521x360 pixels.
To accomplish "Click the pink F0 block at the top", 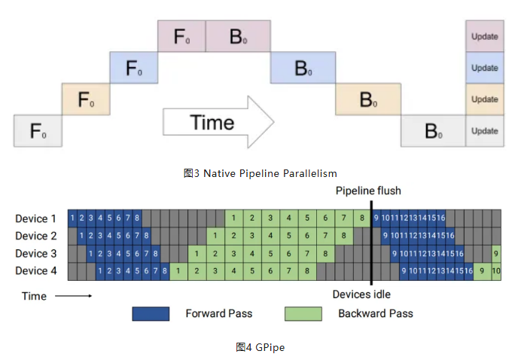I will pyautogui.click(x=181, y=36).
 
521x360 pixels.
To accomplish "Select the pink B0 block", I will pyautogui.click(x=238, y=36).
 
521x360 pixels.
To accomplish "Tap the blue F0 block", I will pyautogui.click(x=133, y=68).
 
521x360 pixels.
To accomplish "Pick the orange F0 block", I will pyautogui.click(x=85, y=99).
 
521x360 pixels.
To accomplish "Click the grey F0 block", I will pyautogui.click(x=38, y=131).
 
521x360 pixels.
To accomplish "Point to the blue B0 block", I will pyautogui.click(x=303, y=68).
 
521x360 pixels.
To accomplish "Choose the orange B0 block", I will pyautogui.click(x=367, y=99).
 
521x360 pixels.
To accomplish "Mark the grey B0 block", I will pyautogui.click(x=432, y=131).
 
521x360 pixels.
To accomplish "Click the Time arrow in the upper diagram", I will pyautogui.click(x=219, y=123).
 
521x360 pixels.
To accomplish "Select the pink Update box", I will pyautogui.click(x=484, y=36).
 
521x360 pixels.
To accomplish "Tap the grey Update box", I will pyautogui.click(x=484, y=131).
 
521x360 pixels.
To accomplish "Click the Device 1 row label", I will pyautogui.click(x=35, y=219).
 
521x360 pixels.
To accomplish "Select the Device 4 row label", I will pyautogui.click(x=35, y=270).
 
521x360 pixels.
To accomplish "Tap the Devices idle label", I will pyautogui.click(x=361, y=294).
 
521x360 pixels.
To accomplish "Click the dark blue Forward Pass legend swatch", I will pyautogui.click(x=151, y=313).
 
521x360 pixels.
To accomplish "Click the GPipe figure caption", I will pyautogui.click(x=260, y=347).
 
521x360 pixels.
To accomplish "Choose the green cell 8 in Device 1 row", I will pyautogui.click(x=362, y=219).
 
